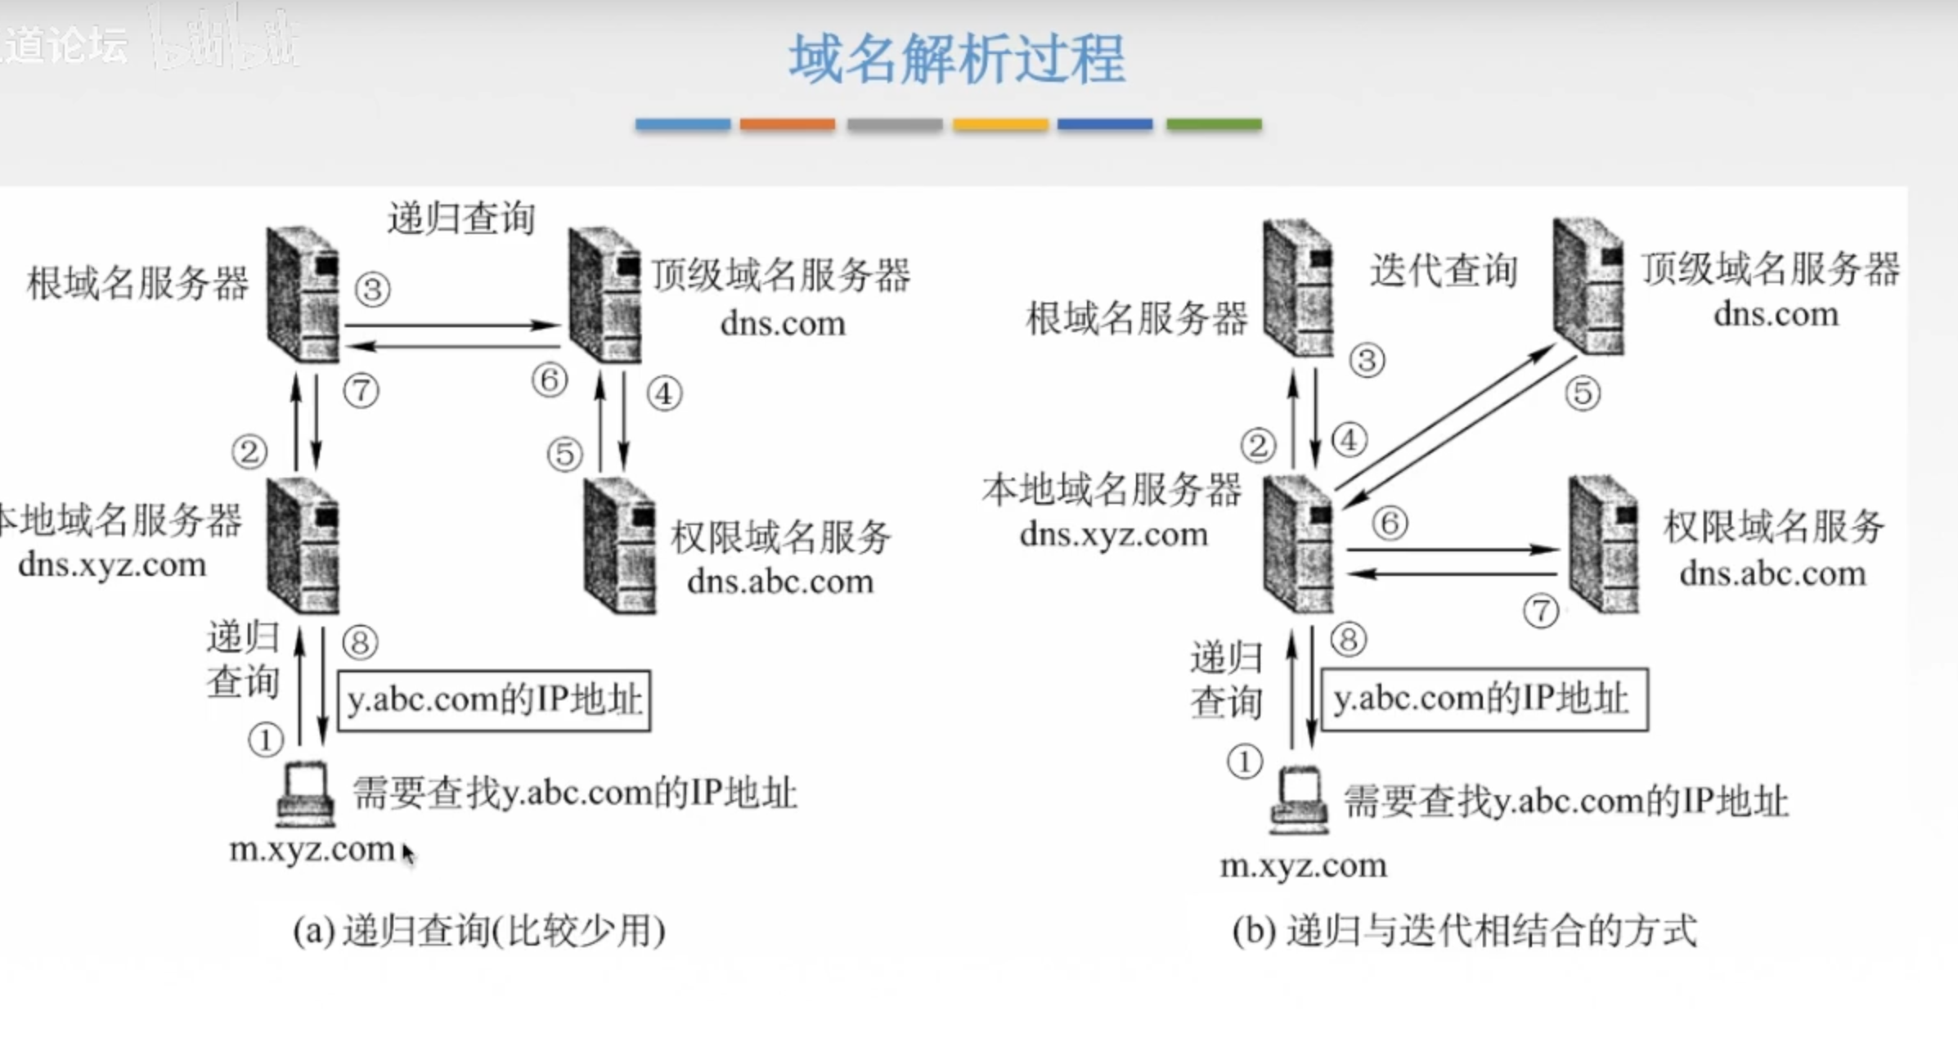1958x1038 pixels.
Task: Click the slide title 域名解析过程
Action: pos(956,59)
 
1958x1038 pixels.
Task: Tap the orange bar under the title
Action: pos(787,124)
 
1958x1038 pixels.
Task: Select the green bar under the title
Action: pos(1213,124)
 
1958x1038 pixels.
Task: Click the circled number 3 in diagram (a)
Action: pos(372,290)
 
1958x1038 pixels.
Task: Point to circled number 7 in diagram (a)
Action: pos(361,391)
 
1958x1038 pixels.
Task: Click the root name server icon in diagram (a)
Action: pos(303,294)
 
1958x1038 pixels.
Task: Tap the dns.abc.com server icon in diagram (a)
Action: pos(619,546)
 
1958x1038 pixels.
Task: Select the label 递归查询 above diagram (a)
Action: pos(460,218)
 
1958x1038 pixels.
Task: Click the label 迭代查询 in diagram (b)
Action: pos(1444,271)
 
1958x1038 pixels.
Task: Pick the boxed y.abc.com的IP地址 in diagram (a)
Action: pos(494,701)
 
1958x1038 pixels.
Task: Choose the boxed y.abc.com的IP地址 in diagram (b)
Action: pos(1484,700)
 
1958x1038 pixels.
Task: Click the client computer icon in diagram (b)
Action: pos(1299,799)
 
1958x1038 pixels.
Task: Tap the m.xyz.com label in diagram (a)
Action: pos(312,849)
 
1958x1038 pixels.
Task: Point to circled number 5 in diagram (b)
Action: pos(1583,393)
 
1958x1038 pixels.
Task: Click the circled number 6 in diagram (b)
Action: pos(1390,523)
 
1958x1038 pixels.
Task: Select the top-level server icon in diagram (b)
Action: pos(1588,286)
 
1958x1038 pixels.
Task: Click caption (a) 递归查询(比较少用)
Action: pos(479,931)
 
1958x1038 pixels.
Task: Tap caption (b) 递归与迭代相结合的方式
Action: pos(1464,931)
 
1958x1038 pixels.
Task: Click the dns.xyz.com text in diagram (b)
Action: pos(1113,534)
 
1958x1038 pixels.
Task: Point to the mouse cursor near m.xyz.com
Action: pos(408,852)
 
